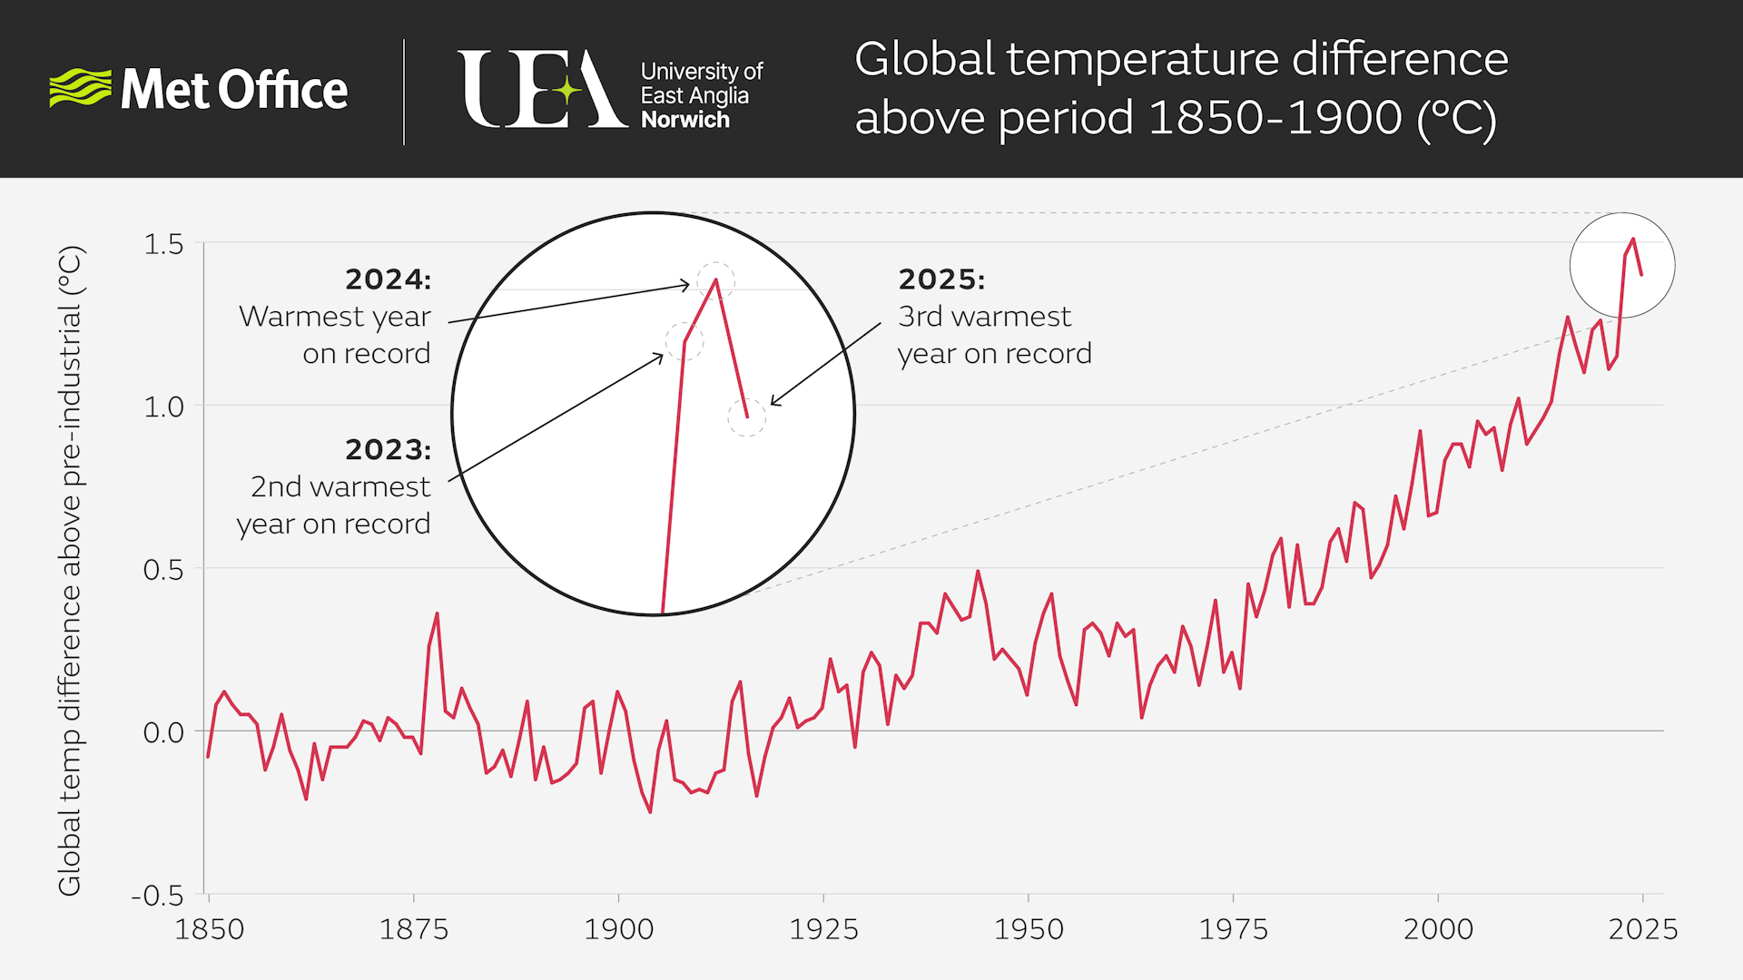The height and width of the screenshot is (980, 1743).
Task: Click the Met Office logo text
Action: (233, 90)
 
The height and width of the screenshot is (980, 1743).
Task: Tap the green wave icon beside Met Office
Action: (79, 88)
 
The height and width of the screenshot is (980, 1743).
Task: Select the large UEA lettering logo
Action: (541, 90)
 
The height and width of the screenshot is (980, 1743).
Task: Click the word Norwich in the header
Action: (684, 120)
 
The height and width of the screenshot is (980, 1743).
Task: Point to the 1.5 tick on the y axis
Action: (163, 244)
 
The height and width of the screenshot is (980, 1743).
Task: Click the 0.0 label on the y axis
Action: (163, 732)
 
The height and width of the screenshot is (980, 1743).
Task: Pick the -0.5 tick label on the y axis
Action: (158, 896)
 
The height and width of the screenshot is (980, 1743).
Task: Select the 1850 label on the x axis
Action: (209, 929)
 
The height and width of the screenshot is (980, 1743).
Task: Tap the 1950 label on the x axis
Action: (1029, 929)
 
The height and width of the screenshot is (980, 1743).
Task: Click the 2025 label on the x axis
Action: (1642, 929)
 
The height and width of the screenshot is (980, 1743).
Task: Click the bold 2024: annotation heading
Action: (388, 279)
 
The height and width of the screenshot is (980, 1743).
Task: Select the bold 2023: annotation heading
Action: (388, 450)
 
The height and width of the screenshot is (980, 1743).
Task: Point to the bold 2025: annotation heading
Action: (941, 279)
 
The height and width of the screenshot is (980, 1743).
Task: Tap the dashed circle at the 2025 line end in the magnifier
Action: (746, 417)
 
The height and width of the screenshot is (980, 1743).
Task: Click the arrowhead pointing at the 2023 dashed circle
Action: (659, 358)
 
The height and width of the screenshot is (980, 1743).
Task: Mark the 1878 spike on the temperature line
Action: (437, 615)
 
